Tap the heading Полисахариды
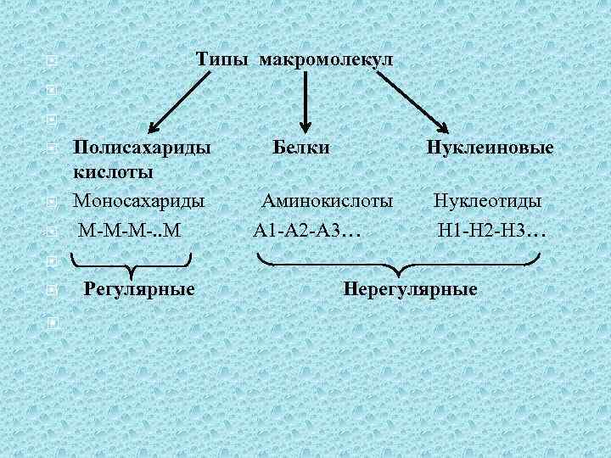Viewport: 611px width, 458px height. pos(142,148)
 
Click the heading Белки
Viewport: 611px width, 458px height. pos(302,148)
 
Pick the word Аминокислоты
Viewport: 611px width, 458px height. pos(328,202)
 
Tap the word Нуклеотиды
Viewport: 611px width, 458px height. pos(488,202)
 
